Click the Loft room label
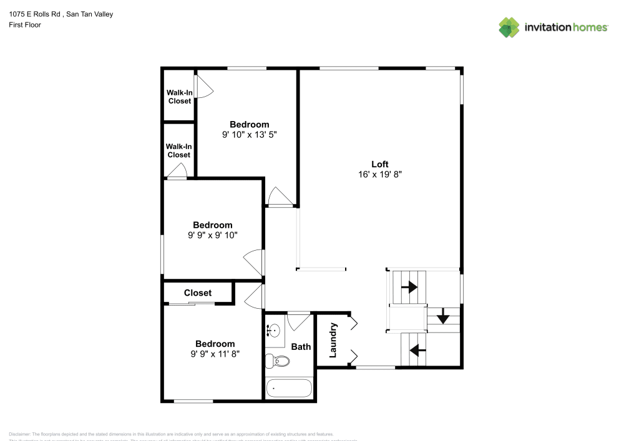(x=380, y=164)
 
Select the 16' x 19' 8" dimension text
(x=380, y=175)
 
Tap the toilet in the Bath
(x=278, y=361)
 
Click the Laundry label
(x=333, y=340)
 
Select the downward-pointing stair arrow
(x=443, y=317)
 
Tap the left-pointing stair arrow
(x=417, y=351)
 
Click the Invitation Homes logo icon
(x=509, y=27)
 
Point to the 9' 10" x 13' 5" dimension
(x=249, y=135)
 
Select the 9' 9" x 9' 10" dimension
(x=212, y=235)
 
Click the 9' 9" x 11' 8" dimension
(x=215, y=354)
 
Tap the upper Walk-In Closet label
(x=179, y=97)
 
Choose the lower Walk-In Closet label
(x=178, y=150)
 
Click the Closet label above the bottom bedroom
(x=198, y=293)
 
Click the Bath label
(x=301, y=347)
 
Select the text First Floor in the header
(x=25, y=25)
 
